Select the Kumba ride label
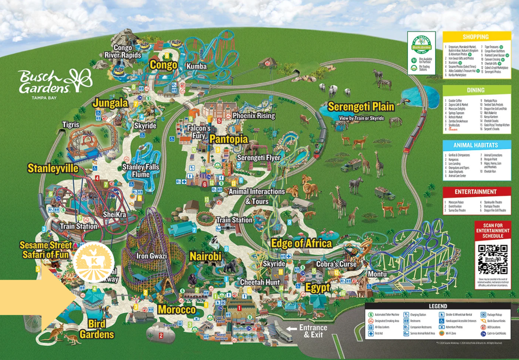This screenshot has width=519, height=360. tap(197, 66)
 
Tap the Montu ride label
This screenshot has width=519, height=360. tap(377, 273)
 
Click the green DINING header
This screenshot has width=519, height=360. tap(476, 90)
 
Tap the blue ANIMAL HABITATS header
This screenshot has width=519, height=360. tap(476, 145)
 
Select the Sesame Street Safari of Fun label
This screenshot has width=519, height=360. tap(44, 250)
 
